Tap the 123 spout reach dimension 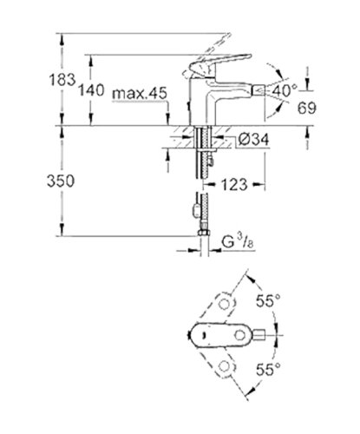click(240, 184)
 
